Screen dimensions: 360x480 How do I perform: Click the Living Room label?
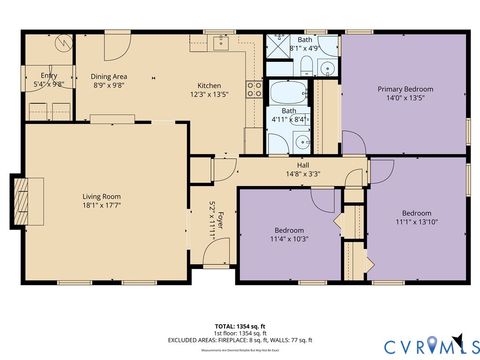(101, 196)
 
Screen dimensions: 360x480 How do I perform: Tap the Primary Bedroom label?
(405, 89)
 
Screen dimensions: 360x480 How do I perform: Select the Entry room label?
(48, 76)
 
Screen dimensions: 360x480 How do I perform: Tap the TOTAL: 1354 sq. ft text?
(240, 326)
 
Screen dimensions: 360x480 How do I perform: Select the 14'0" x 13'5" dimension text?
(405, 99)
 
